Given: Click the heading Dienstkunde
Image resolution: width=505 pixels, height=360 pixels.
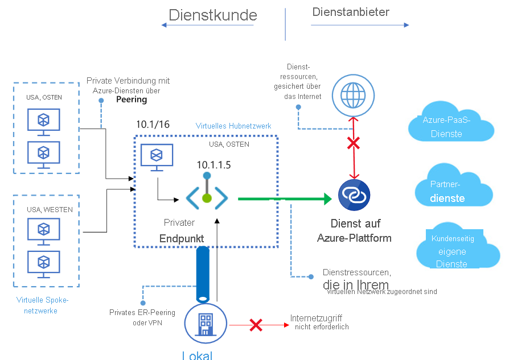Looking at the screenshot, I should pyautogui.click(x=213, y=15).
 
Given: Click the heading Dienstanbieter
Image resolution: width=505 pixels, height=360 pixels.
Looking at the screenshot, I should pyautogui.click(x=351, y=12).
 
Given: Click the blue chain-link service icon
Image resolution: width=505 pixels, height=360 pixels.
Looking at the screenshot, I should pyautogui.click(x=354, y=195).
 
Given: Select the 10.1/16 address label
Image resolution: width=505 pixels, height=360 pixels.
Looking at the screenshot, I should pyautogui.click(x=153, y=124).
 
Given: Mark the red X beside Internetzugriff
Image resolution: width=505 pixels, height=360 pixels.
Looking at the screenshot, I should pyautogui.click(x=256, y=325).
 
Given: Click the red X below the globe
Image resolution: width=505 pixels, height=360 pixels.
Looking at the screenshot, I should pyautogui.click(x=354, y=143).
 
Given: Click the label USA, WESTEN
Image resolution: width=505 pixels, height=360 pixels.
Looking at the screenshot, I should pyautogui.click(x=50, y=210).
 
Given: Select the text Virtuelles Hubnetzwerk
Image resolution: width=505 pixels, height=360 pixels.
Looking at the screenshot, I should pyautogui.click(x=233, y=126).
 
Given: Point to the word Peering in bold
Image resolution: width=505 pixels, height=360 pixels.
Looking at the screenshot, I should pyautogui.click(x=132, y=100).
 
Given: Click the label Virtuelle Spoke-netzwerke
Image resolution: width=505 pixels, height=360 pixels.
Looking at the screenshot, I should pyautogui.click(x=42, y=305).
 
